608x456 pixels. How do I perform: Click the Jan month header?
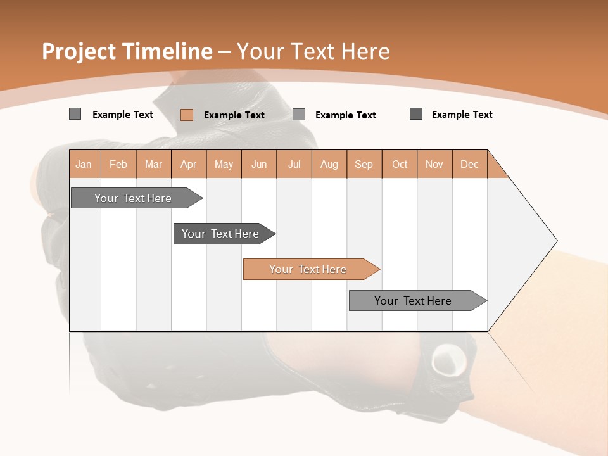pyautogui.click(x=84, y=164)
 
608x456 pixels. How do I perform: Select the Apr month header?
pyautogui.click(x=189, y=164)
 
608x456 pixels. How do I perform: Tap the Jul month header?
pyautogui.click(x=294, y=164)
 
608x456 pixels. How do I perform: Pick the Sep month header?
pyautogui.click(x=364, y=164)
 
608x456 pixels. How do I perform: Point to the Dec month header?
pyautogui.click(x=469, y=164)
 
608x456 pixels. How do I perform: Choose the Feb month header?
pyautogui.click(x=118, y=164)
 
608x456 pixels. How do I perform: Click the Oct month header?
pyautogui.click(x=400, y=164)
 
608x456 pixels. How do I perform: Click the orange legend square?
pyautogui.click(x=187, y=115)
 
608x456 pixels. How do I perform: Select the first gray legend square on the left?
pyautogui.click(x=75, y=114)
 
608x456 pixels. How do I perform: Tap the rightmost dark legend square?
pyautogui.click(x=416, y=114)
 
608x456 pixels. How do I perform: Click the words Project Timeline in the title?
pyautogui.click(x=127, y=51)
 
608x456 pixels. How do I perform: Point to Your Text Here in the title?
pyautogui.click(x=313, y=51)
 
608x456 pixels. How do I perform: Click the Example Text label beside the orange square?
pyautogui.click(x=234, y=115)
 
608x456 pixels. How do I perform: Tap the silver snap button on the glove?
pyautogui.click(x=449, y=360)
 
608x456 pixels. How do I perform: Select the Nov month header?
pyautogui.click(x=434, y=164)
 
